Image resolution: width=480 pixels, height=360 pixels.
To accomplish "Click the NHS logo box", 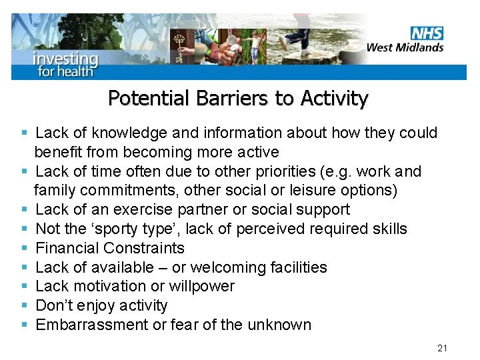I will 427,33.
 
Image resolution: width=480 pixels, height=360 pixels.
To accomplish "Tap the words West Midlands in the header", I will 405,47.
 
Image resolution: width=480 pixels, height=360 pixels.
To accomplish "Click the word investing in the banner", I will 65,58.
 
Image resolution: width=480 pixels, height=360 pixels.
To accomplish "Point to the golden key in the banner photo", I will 179,45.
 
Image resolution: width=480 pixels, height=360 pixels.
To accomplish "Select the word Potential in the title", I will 149,99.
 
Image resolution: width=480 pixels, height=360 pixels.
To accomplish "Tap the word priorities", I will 293,171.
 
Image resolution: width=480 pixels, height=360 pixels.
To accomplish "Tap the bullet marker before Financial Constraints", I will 24,249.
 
